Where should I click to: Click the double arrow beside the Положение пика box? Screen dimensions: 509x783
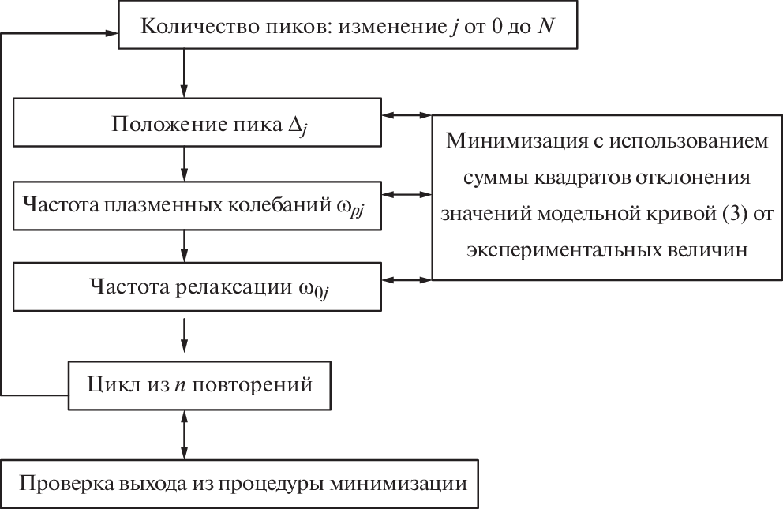(406, 115)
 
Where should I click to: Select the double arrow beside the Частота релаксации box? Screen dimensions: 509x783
(406, 278)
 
